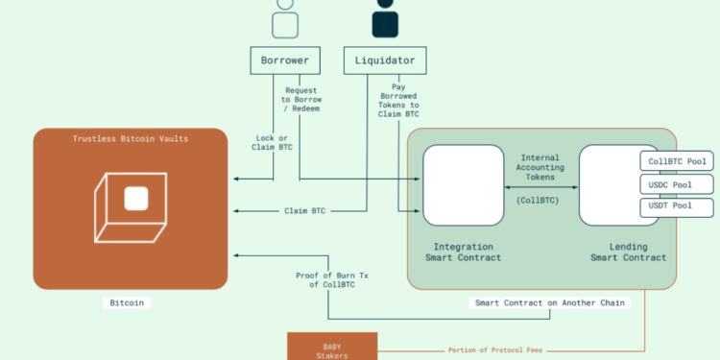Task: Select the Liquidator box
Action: [x=384, y=60]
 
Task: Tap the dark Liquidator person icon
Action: [x=384, y=17]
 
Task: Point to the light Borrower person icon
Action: [x=283, y=17]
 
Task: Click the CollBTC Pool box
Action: [x=677, y=160]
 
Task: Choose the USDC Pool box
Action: [x=677, y=183]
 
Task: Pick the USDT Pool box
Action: [x=677, y=206]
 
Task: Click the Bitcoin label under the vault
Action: [x=130, y=302]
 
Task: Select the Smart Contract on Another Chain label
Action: [x=550, y=302]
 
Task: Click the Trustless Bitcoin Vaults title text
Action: [x=131, y=139]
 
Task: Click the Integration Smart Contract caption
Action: [x=464, y=251]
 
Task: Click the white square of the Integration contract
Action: [x=464, y=185]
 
